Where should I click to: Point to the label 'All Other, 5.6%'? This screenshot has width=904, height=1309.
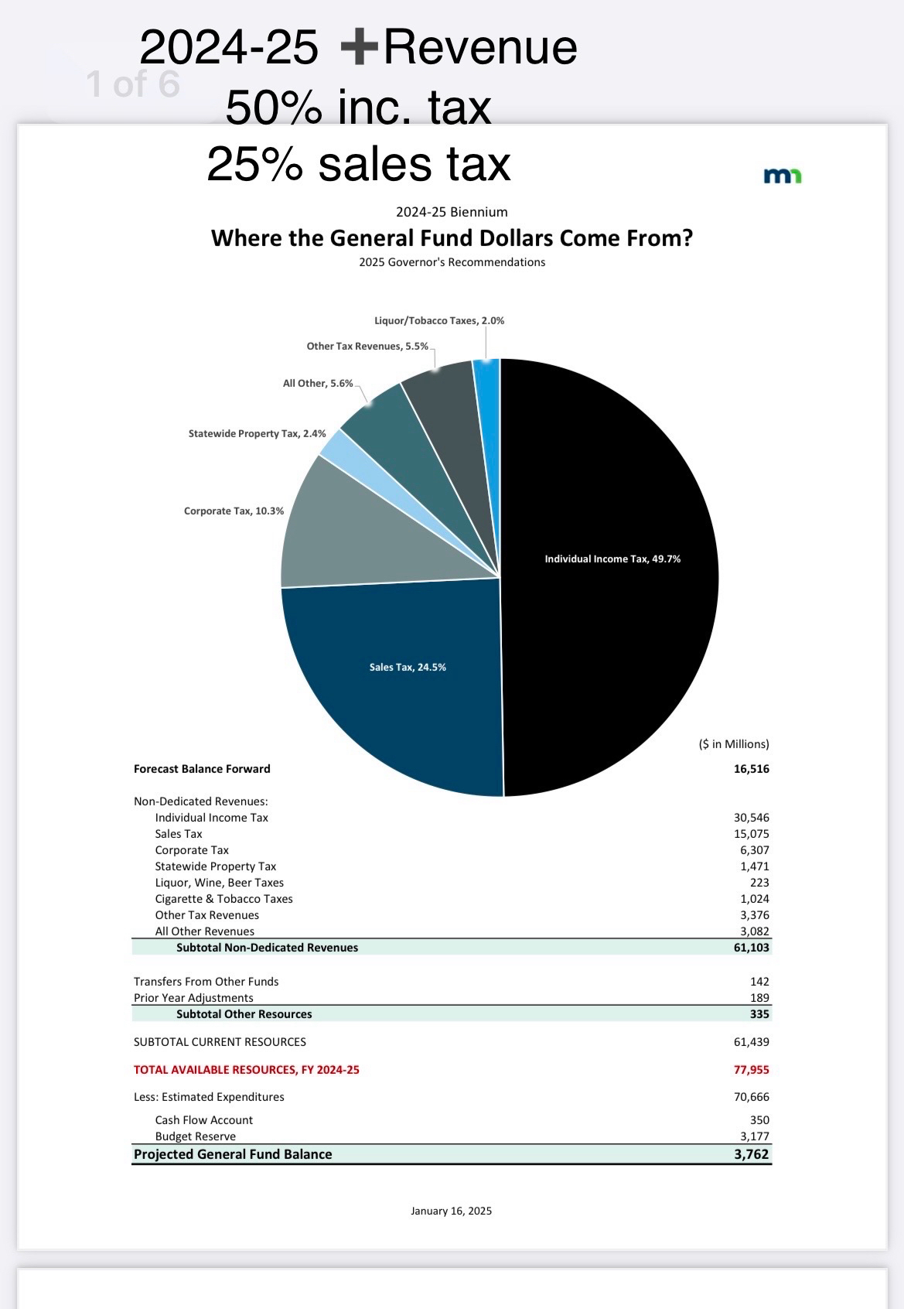pyautogui.click(x=318, y=384)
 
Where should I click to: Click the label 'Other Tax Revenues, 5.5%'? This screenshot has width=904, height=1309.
pyautogui.click(x=367, y=347)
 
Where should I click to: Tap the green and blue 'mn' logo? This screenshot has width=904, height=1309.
pyautogui.click(x=782, y=176)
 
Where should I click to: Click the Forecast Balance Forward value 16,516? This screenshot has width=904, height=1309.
pyautogui.click(x=751, y=769)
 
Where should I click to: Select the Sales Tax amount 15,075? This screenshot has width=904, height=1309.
pyautogui.click(x=751, y=834)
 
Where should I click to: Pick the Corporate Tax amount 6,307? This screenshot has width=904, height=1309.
pyautogui.click(x=754, y=850)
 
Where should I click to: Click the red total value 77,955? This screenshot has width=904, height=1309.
pyautogui.click(x=751, y=1070)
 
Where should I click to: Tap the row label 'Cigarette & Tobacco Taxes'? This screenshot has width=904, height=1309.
pyautogui.click(x=223, y=899)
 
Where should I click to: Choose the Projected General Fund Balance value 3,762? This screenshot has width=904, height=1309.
pyautogui.click(x=751, y=1154)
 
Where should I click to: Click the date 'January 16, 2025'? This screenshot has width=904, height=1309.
pyautogui.click(x=451, y=1211)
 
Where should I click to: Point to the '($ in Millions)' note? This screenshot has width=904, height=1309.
pyautogui.click(x=733, y=744)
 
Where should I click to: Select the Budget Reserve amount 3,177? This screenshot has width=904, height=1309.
pyautogui.click(x=754, y=1136)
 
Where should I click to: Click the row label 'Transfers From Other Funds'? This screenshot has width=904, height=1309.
pyautogui.click(x=206, y=982)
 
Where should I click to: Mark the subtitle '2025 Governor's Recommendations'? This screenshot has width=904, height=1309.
pyautogui.click(x=452, y=262)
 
